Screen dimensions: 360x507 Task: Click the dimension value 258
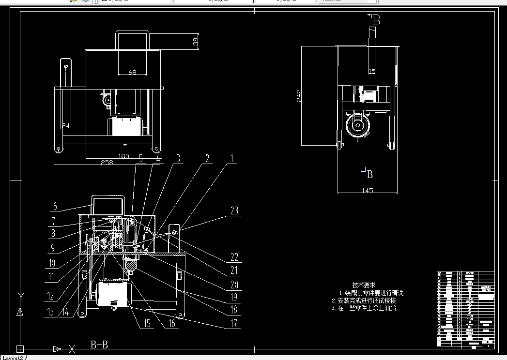(106, 163)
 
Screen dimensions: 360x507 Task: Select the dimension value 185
(124, 156)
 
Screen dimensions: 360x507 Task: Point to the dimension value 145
(368, 191)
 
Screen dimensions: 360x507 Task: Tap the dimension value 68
(132, 73)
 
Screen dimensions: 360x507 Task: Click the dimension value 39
(196, 42)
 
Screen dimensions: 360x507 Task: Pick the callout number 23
(234, 211)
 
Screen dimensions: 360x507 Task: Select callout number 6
(55, 206)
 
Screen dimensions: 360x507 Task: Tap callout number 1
(232, 158)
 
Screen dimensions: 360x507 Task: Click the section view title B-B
(99, 345)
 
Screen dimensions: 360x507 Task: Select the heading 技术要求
(364, 285)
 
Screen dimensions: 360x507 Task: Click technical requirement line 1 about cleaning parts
(371, 293)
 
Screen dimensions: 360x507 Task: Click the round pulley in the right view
(358, 126)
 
